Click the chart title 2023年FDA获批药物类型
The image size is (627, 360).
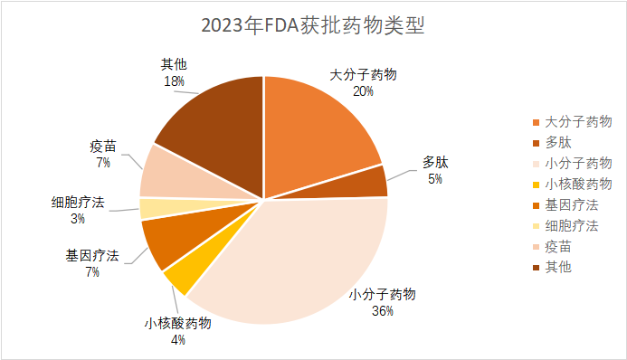[x=313, y=24]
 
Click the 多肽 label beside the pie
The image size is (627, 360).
[x=435, y=163]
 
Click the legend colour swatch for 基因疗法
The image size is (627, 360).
[x=537, y=205]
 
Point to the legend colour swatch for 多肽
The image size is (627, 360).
[x=537, y=143]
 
